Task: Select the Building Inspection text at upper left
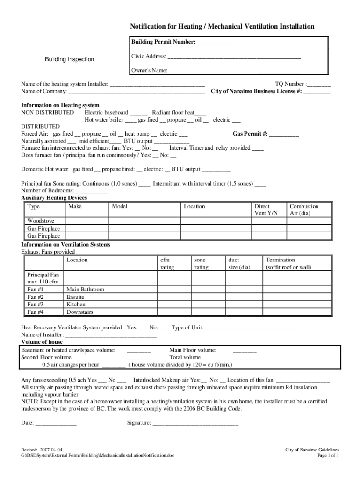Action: click(x=69, y=59)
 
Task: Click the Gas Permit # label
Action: click(x=250, y=134)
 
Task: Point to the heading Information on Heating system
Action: click(x=60, y=105)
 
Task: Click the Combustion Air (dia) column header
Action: click(x=304, y=210)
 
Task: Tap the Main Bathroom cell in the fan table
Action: click(x=86, y=290)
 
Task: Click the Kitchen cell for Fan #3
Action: click(x=76, y=305)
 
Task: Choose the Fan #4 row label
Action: click(x=36, y=312)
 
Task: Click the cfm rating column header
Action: click(x=167, y=263)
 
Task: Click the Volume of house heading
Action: click(x=42, y=342)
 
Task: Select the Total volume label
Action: click(x=185, y=357)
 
